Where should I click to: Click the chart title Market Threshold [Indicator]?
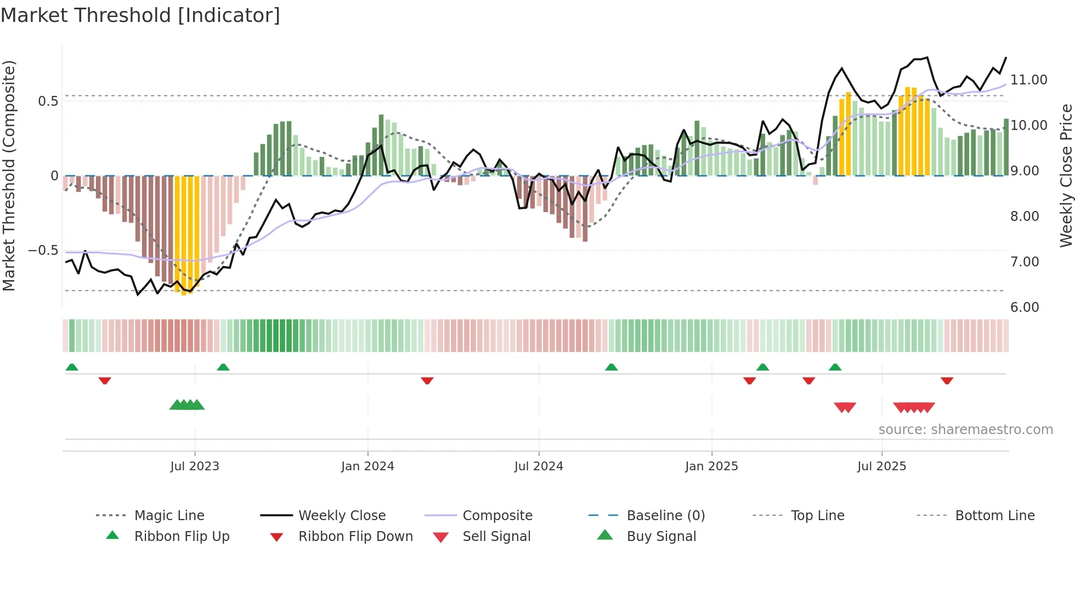(140, 15)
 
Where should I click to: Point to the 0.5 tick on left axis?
(48, 101)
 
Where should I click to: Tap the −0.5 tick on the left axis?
(43, 250)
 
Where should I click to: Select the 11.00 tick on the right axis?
(1028, 80)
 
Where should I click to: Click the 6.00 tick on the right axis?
(1024, 307)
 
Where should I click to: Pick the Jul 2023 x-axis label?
(195, 466)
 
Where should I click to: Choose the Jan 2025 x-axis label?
(711, 466)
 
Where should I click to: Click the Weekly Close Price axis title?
(1065, 175)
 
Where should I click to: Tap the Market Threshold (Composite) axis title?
(9, 175)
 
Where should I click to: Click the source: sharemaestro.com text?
(965, 430)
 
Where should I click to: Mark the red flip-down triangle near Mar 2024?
(427, 380)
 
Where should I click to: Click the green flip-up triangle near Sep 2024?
(611, 367)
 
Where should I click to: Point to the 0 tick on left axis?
(54, 176)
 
